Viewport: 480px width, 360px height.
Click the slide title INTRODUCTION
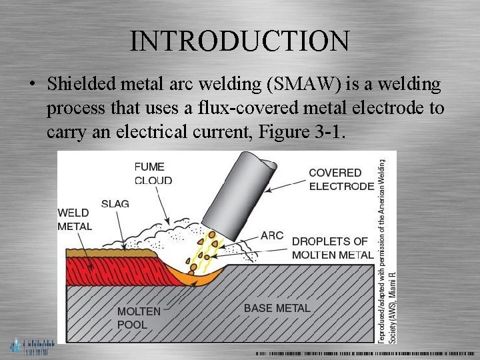click(239, 41)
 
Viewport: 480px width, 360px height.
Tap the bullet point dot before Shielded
click(31, 85)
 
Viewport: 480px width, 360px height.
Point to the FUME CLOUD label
click(153, 173)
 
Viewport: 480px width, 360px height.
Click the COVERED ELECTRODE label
click(341, 179)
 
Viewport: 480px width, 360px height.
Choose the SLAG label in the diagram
click(115, 203)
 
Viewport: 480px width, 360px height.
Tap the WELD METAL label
click(75, 219)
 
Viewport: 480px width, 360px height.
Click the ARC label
click(272, 235)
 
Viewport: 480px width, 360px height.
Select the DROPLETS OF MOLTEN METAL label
click(332, 248)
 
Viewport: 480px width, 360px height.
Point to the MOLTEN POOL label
click(139, 317)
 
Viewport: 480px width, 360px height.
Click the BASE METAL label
click(277, 308)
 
